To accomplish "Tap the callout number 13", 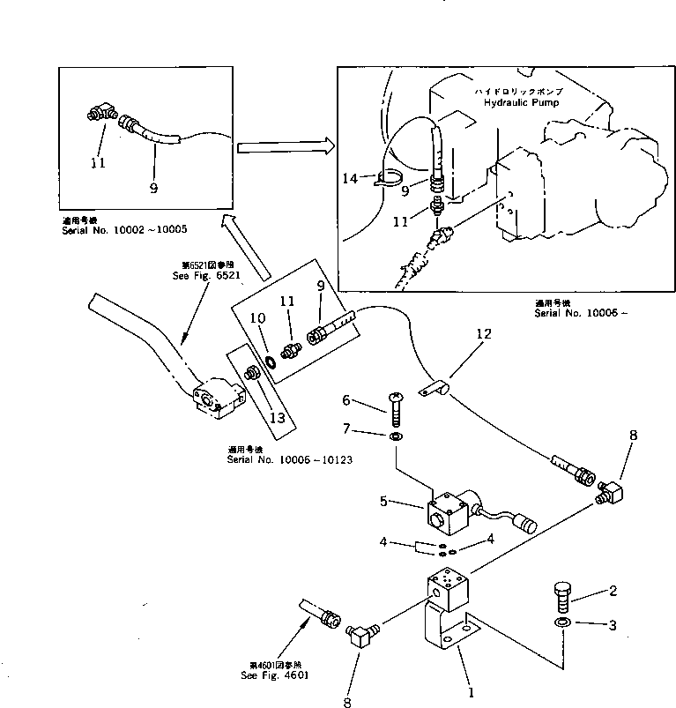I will pos(278,417).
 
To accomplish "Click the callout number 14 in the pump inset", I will pos(351,178).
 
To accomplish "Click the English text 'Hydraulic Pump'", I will pos(521,102).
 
